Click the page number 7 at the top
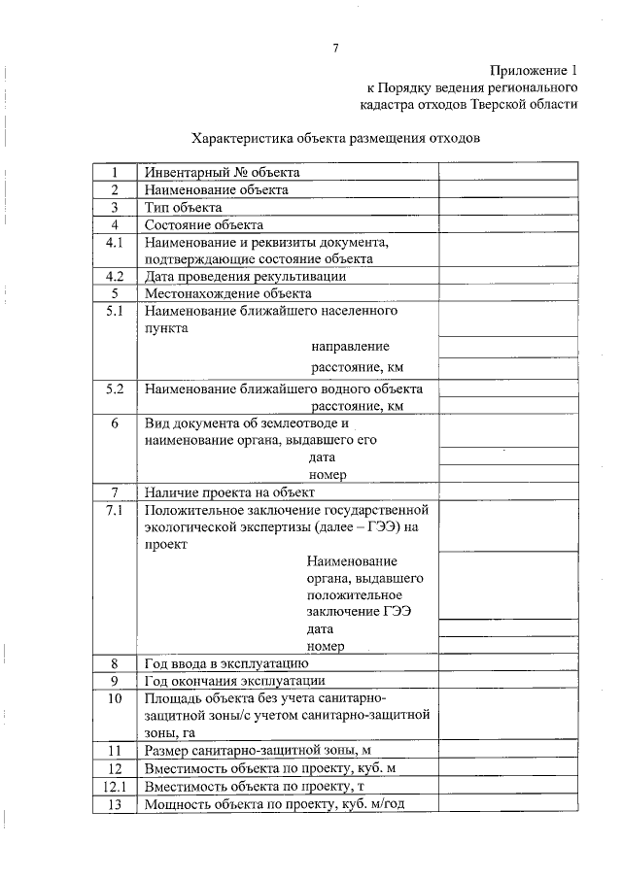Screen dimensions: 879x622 [x=335, y=48]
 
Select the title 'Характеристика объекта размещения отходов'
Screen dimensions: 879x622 [x=335, y=138]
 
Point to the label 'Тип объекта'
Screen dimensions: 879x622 [x=184, y=207]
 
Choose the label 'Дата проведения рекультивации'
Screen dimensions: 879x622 [x=245, y=276]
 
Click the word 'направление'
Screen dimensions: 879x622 [x=350, y=347]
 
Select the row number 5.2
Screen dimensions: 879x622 [x=115, y=389]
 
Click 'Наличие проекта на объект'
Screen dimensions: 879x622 [x=228, y=492]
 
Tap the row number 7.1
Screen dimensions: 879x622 [x=115, y=510]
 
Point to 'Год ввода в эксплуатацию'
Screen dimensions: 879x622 [x=226, y=663]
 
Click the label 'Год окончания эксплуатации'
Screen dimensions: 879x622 [x=234, y=680]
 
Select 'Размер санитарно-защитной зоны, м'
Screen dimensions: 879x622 [x=259, y=751]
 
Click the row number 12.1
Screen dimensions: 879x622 [x=115, y=786]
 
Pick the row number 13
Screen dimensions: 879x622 [x=115, y=803]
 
